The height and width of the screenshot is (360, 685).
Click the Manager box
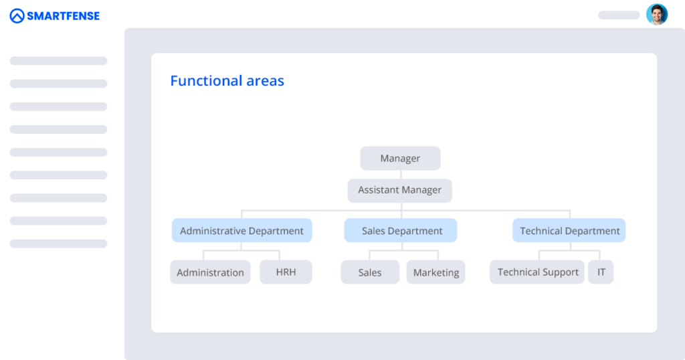[x=400, y=159]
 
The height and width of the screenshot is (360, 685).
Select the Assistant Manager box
[x=399, y=190]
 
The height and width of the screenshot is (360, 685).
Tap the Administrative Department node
[x=241, y=231]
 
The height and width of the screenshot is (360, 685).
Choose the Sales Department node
[x=401, y=231]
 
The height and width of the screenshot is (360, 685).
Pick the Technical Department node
[x=569, y=231]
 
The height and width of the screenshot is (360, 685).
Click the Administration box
[x=210, y=272]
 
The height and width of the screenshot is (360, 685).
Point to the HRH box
[x=286, y=272]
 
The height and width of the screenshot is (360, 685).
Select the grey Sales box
[x=369, y=272]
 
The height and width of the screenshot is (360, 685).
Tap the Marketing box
[x=436, y=272]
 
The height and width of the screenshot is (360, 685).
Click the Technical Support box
[x=537, y=272]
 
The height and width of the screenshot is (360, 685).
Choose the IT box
[x=601, y=272]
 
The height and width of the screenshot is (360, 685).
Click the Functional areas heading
[x=227, y=81]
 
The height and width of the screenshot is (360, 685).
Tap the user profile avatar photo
[x=657, y=14]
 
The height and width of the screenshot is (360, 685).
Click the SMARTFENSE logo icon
[x=17, y=15]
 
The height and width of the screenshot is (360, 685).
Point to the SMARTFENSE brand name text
[x=64, y=16]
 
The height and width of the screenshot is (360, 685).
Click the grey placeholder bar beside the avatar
[x=619, y=15]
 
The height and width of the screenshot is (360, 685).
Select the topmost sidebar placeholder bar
[x=58, y=61]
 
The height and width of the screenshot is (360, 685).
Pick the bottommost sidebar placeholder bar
[x=58, y=244]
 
